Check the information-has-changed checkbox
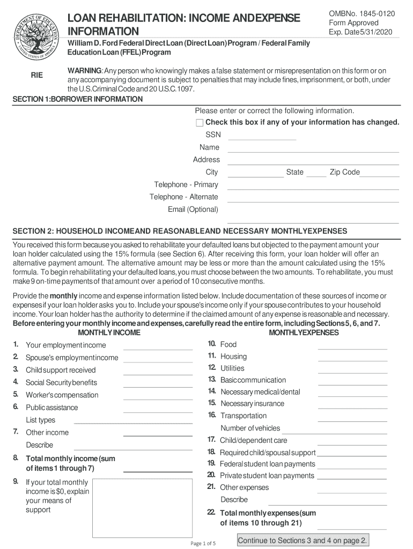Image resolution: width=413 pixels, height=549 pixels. pyautogui.click(x=200, y=123)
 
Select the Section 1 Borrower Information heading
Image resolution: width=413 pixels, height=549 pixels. pyautogui.click(x=78, y=99)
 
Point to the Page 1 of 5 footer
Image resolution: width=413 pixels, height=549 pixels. pyautogui.click(x=203, y=543)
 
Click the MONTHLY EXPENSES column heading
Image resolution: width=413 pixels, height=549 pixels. pyautogui.click(x=304, y=333)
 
